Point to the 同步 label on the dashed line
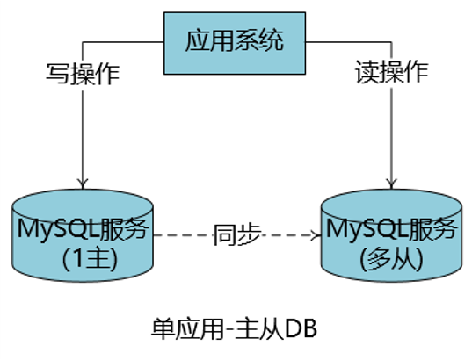pyautogui.click(x=236, y=234)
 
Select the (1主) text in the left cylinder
pyautogui.click(x=82, y=260)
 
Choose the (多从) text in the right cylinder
pyautogui.click(x=390, y=260)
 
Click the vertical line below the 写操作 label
pyautogui.click(x=82, y=132)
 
